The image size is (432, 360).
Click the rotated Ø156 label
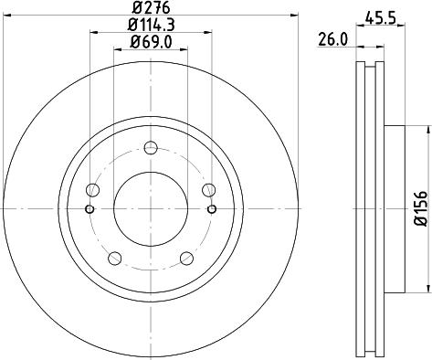click(x=419, y=208)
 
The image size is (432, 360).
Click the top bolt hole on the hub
click(x=151, y=146)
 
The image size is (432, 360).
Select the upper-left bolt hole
click(x=91, y=190)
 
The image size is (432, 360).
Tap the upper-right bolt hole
click(x=209, y=190)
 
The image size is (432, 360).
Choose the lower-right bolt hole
click(x=186, y=259)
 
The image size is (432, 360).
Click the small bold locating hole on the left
click(x=89, y=209)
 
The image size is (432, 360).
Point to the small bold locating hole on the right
click(x=212, y=209)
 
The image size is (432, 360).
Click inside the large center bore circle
click(x=151, y=209)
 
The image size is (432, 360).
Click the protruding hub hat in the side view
click(x=395, y=209)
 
